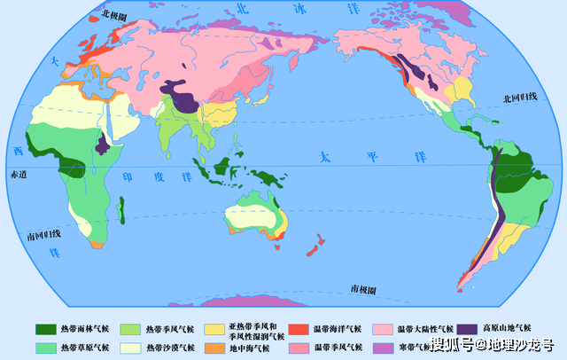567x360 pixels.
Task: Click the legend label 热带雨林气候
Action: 86,329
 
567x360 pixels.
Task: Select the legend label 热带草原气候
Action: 86,347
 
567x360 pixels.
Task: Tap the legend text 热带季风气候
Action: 170,329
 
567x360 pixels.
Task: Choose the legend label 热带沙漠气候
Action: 170,347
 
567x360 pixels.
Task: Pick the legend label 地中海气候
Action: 251,347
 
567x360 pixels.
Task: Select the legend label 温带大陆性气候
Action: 426,329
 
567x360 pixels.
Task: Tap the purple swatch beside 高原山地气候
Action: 469,329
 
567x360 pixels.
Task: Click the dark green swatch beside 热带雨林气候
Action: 45,329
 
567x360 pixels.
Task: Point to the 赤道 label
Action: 19,175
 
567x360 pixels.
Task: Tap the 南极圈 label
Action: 362,290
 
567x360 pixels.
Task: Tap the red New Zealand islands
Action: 315,245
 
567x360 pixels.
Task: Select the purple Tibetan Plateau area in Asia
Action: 186,98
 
